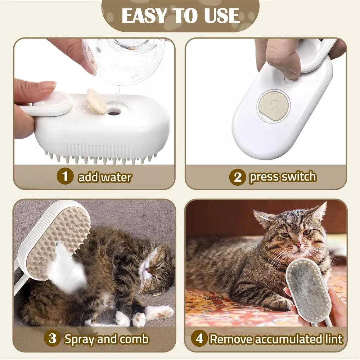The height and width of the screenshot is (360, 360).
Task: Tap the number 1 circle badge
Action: (x=65, y=177)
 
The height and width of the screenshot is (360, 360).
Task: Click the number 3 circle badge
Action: (x=53, y=339)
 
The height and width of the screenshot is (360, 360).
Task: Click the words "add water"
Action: (x=105, y=177)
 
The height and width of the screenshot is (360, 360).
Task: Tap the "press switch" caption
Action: (x=283, y=177)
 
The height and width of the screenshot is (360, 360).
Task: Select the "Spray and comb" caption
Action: (x=107, y=339)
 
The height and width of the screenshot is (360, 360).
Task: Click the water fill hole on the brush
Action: (x=114, y=113)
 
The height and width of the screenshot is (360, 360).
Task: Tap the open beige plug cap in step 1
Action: (x=96, y=101)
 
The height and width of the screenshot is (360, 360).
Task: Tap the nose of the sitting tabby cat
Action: (x=298, y=245)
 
